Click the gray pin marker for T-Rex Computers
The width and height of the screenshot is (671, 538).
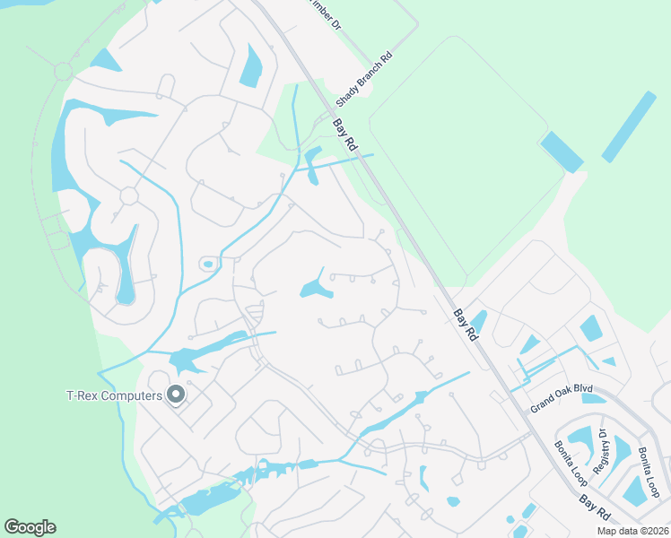(x=176, y=394)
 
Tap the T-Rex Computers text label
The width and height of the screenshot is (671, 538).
(x=115, y=395)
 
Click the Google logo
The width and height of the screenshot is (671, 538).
(x=30, y=527)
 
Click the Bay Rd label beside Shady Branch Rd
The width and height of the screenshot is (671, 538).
(x=345, y=135)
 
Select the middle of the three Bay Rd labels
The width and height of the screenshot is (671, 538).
(x=466, y=325)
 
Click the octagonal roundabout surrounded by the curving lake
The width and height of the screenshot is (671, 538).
(x=128, y=195)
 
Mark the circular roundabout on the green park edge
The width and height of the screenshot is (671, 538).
(x=63, y=70)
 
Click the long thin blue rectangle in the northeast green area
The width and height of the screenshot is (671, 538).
(x=629, y=126)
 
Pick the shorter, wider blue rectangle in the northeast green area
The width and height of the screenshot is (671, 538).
(x=562, y=151)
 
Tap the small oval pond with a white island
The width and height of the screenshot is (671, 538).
(x=208, y=264)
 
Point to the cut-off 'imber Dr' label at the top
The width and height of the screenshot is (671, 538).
(x=325, y=15)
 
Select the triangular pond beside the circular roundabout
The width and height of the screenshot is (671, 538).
(x=105, y=61)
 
